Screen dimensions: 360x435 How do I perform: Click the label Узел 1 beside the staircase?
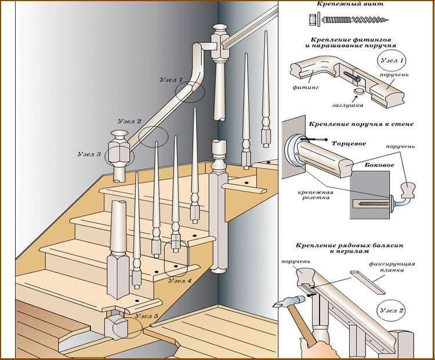(172, 79)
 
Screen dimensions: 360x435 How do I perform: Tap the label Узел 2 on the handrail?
(129, 122)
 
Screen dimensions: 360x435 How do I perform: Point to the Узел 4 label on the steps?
(180, 281)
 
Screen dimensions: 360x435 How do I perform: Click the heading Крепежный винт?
(357, 4)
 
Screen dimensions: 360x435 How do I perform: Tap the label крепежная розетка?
(314, 194)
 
